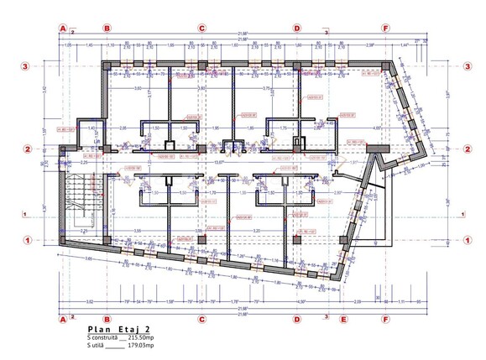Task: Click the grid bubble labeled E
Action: (x=342, y=319)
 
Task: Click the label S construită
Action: (x=105, y=338)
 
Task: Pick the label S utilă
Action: (x=98, y=346)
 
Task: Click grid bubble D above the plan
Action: (x=296, y=27)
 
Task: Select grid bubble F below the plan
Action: (x=385, y=319)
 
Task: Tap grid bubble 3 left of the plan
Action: (x=27, y=65)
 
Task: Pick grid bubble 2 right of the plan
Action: (x=467, y=149)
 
